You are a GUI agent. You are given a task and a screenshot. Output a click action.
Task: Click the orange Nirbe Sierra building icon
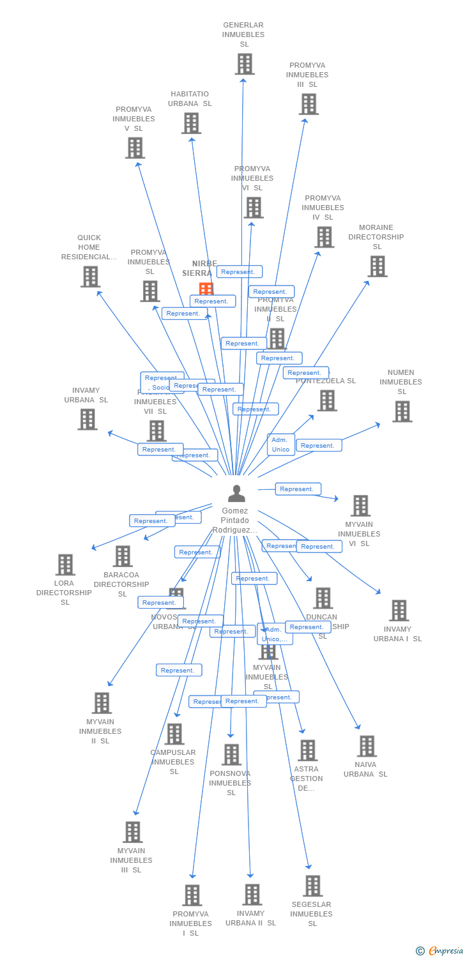click(206, 289)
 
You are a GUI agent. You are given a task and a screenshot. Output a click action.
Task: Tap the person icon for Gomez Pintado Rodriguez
click(236, 494)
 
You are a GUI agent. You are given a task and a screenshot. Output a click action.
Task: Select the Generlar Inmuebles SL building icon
click(245, 64)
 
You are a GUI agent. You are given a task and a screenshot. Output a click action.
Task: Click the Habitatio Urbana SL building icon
click(191, 123)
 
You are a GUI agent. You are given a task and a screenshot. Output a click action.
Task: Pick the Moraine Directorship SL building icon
click(377, 266)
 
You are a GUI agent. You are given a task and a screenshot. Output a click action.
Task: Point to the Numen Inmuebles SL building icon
click(402, 411)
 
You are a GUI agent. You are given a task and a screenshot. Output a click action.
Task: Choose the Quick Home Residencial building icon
click(90, 277)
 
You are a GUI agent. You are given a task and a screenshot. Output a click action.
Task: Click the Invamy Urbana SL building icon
click(88, 419)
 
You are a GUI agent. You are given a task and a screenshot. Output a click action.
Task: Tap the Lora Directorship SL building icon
click(65, 565)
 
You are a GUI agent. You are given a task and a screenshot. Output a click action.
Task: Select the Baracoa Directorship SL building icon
click(123, 556)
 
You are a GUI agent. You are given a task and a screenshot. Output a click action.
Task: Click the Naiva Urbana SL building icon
click(367, 746)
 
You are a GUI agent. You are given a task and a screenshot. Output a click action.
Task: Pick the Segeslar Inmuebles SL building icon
click(312, 886)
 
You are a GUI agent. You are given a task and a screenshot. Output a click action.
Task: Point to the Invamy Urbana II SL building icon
click(252, 895)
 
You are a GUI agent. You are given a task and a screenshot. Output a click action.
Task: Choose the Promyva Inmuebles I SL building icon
click(192, 895)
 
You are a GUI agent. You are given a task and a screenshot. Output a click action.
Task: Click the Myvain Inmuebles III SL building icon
click(133, 832)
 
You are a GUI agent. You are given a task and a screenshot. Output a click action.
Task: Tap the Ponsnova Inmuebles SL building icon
click(231, 755)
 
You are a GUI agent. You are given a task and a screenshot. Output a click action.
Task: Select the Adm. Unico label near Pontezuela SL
click(280, 445)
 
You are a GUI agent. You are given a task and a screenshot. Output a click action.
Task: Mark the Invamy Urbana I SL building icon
click(399, 611)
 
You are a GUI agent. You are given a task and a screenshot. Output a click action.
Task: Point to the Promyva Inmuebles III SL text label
click(307, 75)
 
